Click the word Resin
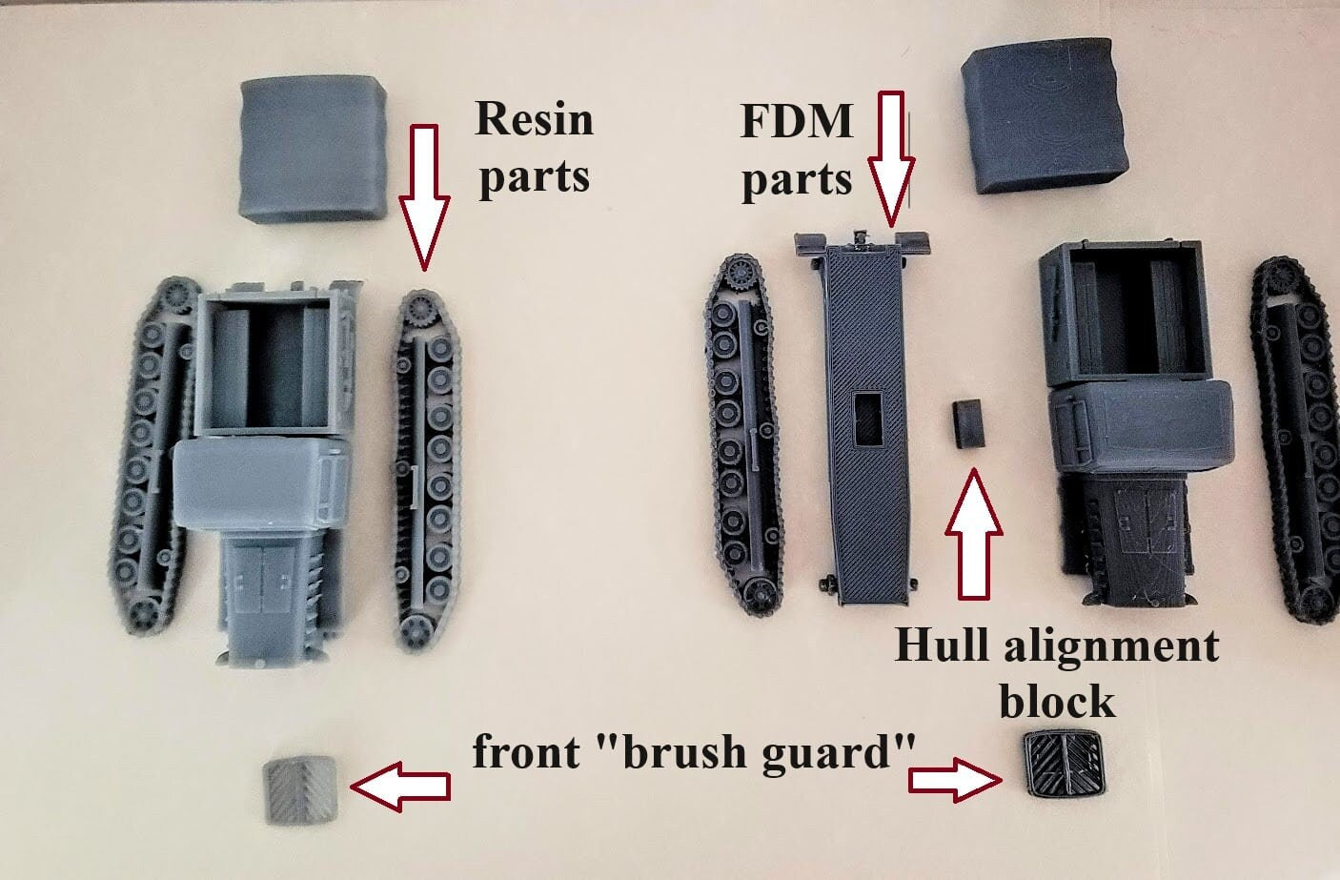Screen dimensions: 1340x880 point(534,119)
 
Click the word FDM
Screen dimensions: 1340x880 point(796,121)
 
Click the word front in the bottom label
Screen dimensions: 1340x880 point(526,752)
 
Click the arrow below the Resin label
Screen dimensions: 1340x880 point(424,197)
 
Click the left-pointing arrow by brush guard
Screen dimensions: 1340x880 point(399,787)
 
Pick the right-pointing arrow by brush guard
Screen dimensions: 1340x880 point(955,780)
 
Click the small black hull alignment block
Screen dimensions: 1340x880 point(968,424)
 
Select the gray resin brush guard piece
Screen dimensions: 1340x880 point(300,790)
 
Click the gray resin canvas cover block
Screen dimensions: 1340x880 point(313,149)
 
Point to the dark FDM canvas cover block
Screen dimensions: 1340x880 point(1045,115)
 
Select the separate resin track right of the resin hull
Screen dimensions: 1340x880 point(427,471)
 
